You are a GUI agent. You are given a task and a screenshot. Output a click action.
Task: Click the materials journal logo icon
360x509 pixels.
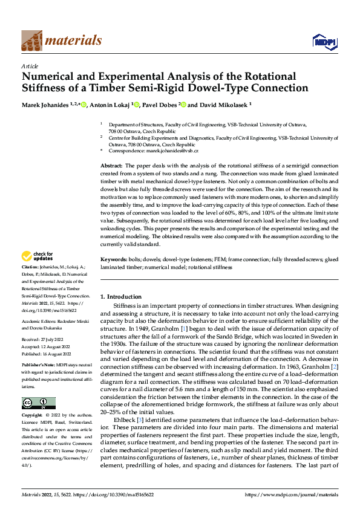31,41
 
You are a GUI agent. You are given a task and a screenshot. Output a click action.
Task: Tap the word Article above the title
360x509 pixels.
30,66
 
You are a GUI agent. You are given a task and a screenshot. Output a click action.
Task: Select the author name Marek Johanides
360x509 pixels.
45,105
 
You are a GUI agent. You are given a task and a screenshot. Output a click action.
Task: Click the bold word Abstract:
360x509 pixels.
111,165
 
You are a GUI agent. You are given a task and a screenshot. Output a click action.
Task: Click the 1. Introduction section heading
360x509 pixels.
120,297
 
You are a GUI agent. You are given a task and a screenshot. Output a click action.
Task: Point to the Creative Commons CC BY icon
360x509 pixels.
38,403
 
